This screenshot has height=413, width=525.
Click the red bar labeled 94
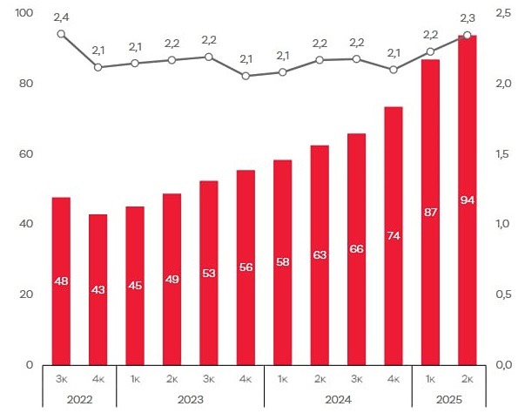click(467, 200)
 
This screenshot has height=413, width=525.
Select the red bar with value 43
click(98, 288)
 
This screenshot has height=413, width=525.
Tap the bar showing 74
click(394, 235)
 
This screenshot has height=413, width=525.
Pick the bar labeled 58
click(283, 261)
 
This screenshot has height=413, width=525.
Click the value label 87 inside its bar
click(430, 212)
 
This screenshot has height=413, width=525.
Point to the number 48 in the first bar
click(61, 281)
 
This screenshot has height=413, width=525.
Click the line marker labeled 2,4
click(61, 34)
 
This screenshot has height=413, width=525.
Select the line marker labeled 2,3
click(468, 35)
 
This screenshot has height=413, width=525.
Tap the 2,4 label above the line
click(61, 16)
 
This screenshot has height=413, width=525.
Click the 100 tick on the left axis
click(24, 13)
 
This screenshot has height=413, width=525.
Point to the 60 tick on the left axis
click(26, 154)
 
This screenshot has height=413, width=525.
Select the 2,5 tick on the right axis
click(502, 13)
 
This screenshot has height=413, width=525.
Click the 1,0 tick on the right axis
click(502, 224)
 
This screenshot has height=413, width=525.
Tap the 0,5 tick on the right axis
click(502, 295)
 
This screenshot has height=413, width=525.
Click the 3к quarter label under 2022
click(61, 379)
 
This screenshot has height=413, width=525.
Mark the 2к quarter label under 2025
click(468, 379)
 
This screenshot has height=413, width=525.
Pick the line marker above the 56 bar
click(246, 76)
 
